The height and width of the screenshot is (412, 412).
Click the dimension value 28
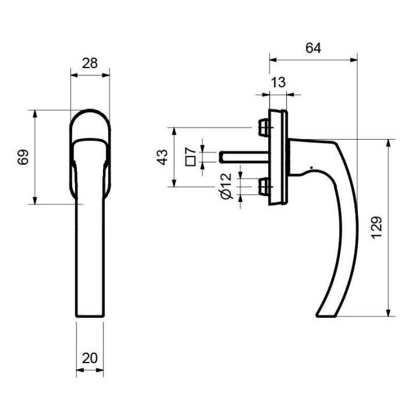(x=90, y=63)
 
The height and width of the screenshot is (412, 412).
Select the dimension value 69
(x=23, y=157)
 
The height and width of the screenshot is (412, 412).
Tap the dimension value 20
(x=90, y=358)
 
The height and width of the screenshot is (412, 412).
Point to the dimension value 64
(x=313, y=48)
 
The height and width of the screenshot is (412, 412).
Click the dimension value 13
(x=278, y=82)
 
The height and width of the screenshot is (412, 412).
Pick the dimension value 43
(x=163, y=157)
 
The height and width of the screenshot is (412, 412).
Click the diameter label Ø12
(x=226, y=186)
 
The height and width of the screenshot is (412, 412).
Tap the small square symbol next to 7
(x=191, y=161)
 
